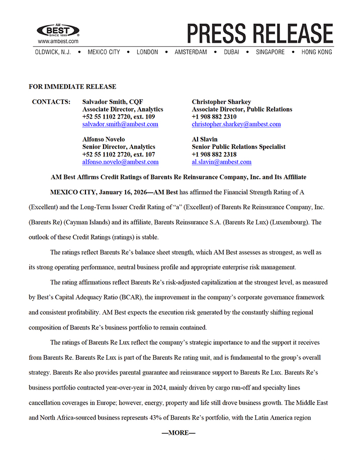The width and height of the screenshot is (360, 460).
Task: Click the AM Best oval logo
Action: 58,31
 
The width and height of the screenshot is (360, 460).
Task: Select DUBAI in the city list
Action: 231,52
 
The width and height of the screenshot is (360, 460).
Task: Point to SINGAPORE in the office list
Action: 270,52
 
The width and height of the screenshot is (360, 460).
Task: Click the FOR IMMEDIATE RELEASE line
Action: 72,87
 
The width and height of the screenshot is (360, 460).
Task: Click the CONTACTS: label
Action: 51,102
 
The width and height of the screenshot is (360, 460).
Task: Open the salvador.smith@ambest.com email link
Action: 120,124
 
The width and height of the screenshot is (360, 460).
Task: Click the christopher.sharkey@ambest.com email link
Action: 236,124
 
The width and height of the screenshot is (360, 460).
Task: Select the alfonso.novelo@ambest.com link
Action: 120,162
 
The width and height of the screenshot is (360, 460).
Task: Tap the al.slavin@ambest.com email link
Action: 221,162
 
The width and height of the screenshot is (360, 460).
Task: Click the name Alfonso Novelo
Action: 104,139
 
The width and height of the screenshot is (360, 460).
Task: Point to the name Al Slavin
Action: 204,139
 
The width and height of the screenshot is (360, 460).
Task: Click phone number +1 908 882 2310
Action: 214,117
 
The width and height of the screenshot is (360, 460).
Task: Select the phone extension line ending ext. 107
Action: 119,155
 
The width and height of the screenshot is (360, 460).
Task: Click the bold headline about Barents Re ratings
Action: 178,177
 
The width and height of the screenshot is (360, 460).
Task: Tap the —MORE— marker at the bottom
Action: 178,433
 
